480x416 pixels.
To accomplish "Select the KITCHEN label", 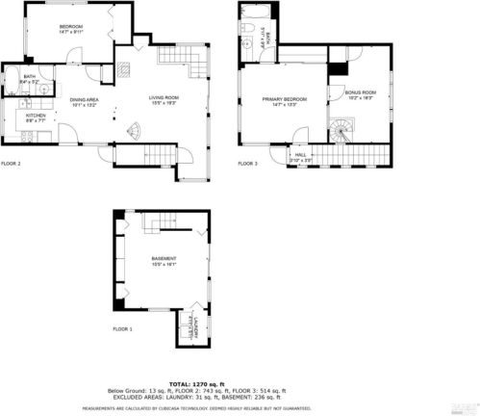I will tap(36, 116).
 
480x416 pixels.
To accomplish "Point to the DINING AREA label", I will tap(85, 99).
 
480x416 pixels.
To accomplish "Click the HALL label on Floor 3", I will tap(301, 154).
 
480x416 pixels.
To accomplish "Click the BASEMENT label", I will tap(164, 260).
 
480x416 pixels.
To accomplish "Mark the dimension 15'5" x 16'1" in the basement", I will tap(164, 266).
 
